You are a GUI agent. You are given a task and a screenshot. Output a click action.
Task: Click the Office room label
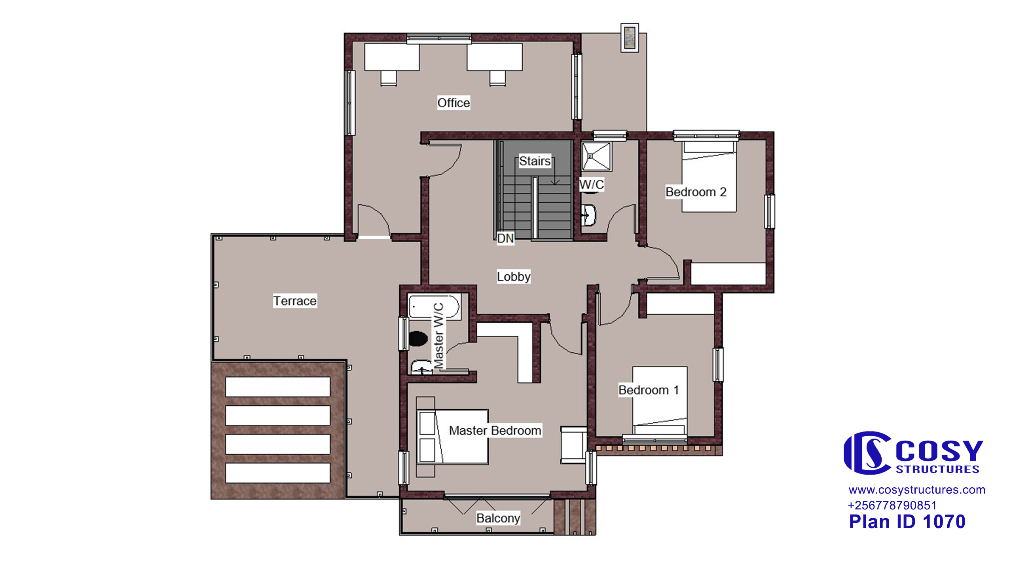[x=453, y=103]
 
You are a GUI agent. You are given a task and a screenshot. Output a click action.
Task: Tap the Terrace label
[x=295, y=301]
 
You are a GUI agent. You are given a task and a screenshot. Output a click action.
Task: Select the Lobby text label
[x=514, y=276]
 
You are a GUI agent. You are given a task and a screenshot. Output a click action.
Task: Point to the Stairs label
[x=535, y=161]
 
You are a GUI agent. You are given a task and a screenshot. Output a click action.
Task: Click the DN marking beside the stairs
[x=505, y=238]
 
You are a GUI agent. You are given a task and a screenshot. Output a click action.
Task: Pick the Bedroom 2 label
[x=696, y=192]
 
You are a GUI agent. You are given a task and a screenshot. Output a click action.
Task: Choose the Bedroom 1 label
[x=649, y=390]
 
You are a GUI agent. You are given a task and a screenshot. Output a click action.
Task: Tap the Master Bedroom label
[x=495, y=430]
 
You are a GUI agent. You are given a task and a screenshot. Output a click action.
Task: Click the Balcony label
[x=498, y=518]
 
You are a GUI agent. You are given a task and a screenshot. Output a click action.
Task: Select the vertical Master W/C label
[x=439, y=335]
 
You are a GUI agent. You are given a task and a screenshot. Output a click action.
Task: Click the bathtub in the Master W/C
[x=434, y=307]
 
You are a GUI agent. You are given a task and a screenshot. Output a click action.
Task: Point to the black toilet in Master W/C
[x=418, y=338]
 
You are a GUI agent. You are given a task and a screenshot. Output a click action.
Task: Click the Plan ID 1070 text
[x=907, y=522]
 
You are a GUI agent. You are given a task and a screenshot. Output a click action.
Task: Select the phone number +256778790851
[x=892, y=505]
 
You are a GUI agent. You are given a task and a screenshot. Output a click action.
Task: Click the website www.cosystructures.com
[x=917, y=490]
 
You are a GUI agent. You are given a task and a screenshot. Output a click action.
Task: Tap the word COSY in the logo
[x=939, y=450]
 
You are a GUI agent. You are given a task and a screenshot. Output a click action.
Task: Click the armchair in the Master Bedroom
[x=573, y=445]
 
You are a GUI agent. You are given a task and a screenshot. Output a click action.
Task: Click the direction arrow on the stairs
[x=555, y=171]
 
